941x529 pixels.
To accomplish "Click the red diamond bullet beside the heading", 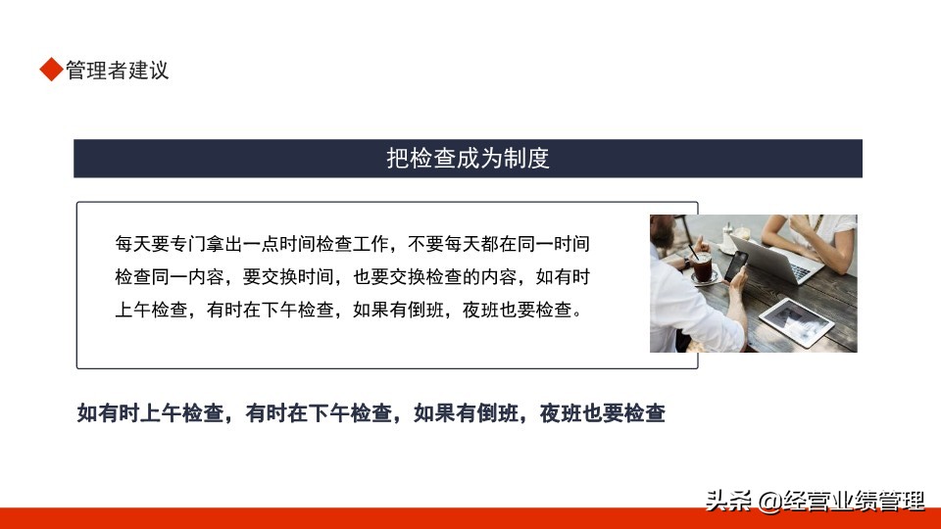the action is click(x=52, y=69).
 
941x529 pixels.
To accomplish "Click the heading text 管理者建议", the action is click(x=117, y=71).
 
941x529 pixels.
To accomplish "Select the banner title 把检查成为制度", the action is click(x=469, y=159).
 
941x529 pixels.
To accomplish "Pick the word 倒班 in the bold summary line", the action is click(x=497, y=413).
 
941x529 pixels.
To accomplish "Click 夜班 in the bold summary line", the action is click(x=561, y=413).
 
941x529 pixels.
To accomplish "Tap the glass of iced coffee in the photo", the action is click(x=702, y=266).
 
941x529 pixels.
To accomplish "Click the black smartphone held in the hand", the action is click(x=736, y=266).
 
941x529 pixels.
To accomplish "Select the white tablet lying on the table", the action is click(x=796, y=321).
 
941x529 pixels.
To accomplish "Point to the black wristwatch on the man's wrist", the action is click(x=686, y=264).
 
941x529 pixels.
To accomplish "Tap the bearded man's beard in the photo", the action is click(x=660, y=237).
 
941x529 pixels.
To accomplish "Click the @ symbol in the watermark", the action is click(x=769, y=502).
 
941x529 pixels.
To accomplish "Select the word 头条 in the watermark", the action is click(x=728, y=501).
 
